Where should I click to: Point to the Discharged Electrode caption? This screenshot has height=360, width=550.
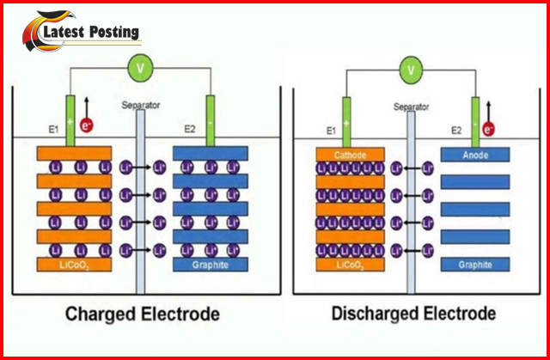pyautogui.click(x=413, y=314)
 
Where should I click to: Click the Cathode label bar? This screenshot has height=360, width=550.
pyautogui.click(x=350, y=154)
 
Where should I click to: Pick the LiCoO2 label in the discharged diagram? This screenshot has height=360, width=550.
pyautogui.click(x=350, y=265)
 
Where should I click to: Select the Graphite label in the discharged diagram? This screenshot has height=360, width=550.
pyautogui.click(x=475, y=265)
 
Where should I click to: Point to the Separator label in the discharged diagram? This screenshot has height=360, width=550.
pyautogui.click(x=412, y=107)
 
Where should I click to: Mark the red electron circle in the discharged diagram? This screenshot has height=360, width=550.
pyautogui.click(x=489, y=130)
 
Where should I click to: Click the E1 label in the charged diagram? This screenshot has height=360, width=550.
pyautogui.click(x=52, y=131)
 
